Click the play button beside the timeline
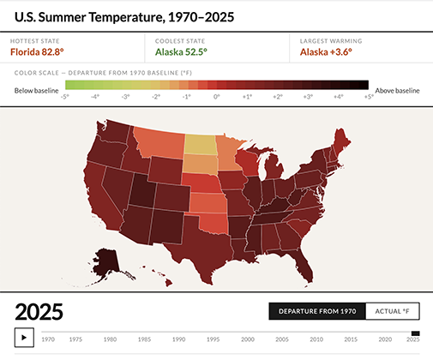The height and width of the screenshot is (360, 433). click(24, 338)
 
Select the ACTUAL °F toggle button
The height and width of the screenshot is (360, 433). click(393, 311)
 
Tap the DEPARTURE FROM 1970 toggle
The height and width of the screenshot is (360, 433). click(317, 311)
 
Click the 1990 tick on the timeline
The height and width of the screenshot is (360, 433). click(178, 339)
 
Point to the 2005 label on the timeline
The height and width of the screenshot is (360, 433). click(282, 339)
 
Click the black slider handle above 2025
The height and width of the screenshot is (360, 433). click(415, 333)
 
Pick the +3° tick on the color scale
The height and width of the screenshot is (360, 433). click(308, 97)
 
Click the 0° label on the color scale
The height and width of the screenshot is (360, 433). click(217, 97)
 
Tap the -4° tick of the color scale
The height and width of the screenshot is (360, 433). click(95, 97)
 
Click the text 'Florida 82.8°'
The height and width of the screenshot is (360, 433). click(37, 52)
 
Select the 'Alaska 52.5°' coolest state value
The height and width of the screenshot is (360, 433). click(181, 52)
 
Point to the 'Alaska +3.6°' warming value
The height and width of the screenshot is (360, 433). click(326, 52)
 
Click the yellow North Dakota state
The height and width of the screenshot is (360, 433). click(200, 144)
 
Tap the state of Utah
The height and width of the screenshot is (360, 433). click(142, 190)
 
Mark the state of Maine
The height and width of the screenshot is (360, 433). click(341, 141)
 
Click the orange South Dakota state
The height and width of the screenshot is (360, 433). click(200, 165)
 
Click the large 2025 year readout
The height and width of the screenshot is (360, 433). click(39, 312)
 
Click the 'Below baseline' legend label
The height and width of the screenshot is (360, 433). click(37, 91)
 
